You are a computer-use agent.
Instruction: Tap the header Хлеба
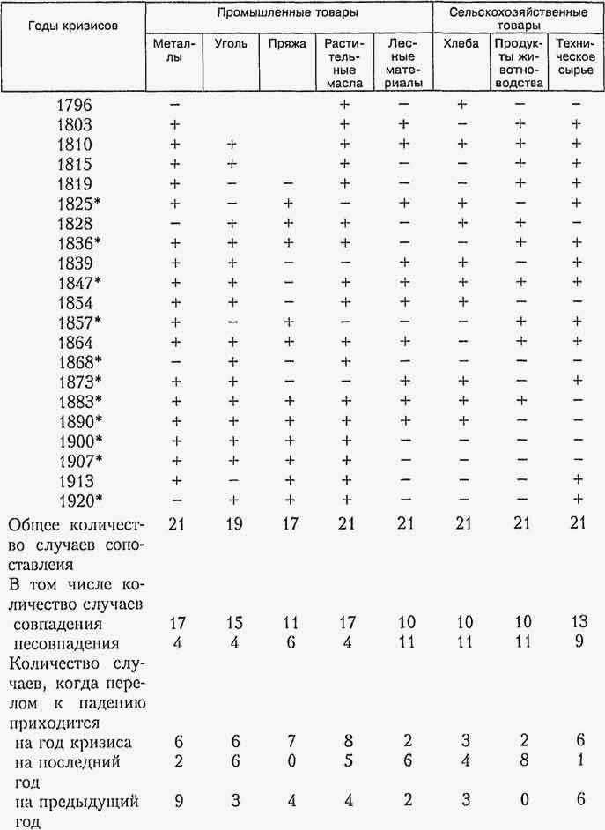[x=461, y=43]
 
